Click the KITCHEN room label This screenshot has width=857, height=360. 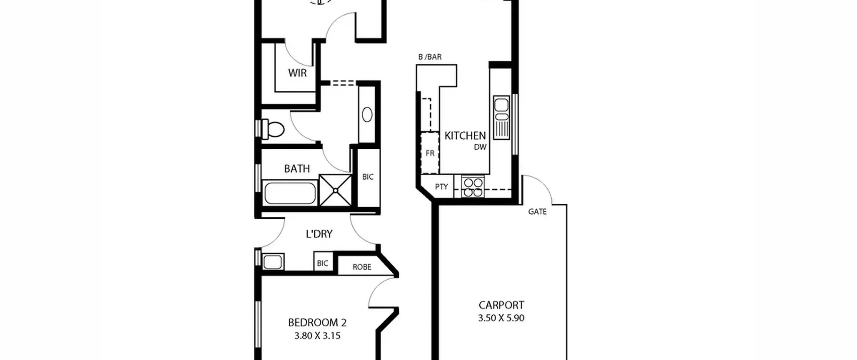465,136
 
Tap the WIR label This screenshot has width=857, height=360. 297,73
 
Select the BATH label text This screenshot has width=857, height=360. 297,168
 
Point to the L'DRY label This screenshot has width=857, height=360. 319,234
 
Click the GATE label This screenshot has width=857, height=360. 537,212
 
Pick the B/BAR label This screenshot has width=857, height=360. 430,57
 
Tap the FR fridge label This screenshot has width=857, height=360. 430,153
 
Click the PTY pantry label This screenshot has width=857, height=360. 441,187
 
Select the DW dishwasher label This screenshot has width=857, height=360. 480,147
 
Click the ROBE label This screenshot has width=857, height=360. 362,267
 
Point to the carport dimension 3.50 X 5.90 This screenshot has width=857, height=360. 501,318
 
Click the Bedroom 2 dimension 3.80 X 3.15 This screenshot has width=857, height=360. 317,336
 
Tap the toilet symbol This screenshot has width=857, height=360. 273,129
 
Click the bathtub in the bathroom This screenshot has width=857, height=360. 290,193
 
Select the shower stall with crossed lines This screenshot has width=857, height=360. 335,190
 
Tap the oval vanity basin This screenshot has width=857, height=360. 367,114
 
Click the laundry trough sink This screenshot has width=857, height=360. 273,262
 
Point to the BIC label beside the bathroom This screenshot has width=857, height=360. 368,177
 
